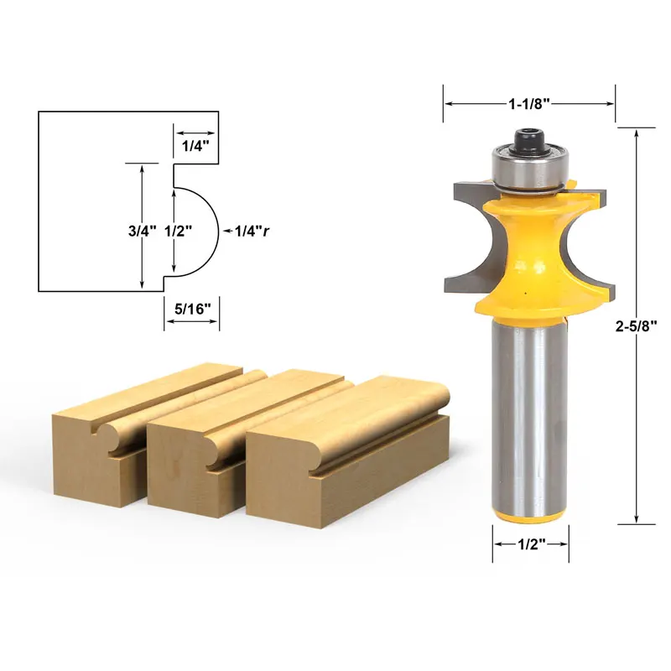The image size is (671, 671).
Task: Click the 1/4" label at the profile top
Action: [195, 145]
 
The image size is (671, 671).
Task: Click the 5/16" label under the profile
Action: [192, 308]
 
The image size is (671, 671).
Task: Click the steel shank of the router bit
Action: [530, 411]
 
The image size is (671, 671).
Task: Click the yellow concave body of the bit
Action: [528, 252]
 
